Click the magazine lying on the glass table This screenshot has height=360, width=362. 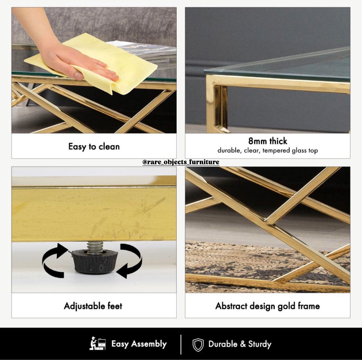(x=143, y=51)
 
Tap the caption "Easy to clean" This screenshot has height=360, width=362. (x=94, y=147)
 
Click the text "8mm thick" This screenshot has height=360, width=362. (x=268, y=141)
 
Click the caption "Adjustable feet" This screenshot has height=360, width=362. (x=93, y=306)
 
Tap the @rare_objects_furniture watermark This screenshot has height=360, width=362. (x=181, y=162)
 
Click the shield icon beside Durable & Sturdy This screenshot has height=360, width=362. (x=198, y=345)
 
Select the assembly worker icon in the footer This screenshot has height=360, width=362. (x=97, y=343)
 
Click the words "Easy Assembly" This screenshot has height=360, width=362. (x=139, y=344)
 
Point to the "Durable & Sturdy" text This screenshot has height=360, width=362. (x=240, y=344)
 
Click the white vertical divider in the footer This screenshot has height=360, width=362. (x=181, y=345)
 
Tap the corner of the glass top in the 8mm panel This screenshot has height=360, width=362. (x=205, y=70)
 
